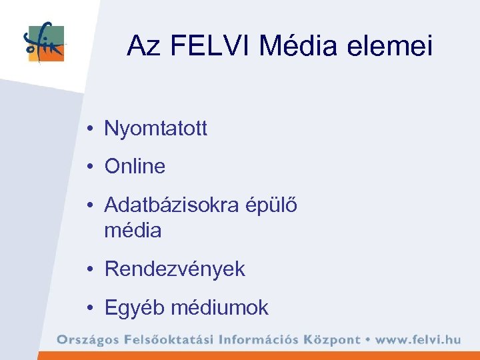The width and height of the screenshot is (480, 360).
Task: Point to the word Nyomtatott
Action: click(x=156, y=129)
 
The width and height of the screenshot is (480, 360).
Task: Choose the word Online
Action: click(x=135, y=166)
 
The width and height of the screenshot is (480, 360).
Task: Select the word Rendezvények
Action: click(x=175, y=269)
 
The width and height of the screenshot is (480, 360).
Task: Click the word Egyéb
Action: click(x=135, y=308)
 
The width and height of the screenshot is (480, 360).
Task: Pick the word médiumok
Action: click(x=220, y=307)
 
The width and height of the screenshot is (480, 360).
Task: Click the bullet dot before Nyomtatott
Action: click(x=89, y=129)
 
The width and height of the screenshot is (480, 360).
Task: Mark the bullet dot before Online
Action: click(x=89, y=167)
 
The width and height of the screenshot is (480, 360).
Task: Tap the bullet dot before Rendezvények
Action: click(x=89, y=270)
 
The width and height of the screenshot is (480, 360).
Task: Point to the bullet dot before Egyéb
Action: click(x=89, y=308)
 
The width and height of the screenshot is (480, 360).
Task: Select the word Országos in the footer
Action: click(x=86, y=339)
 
